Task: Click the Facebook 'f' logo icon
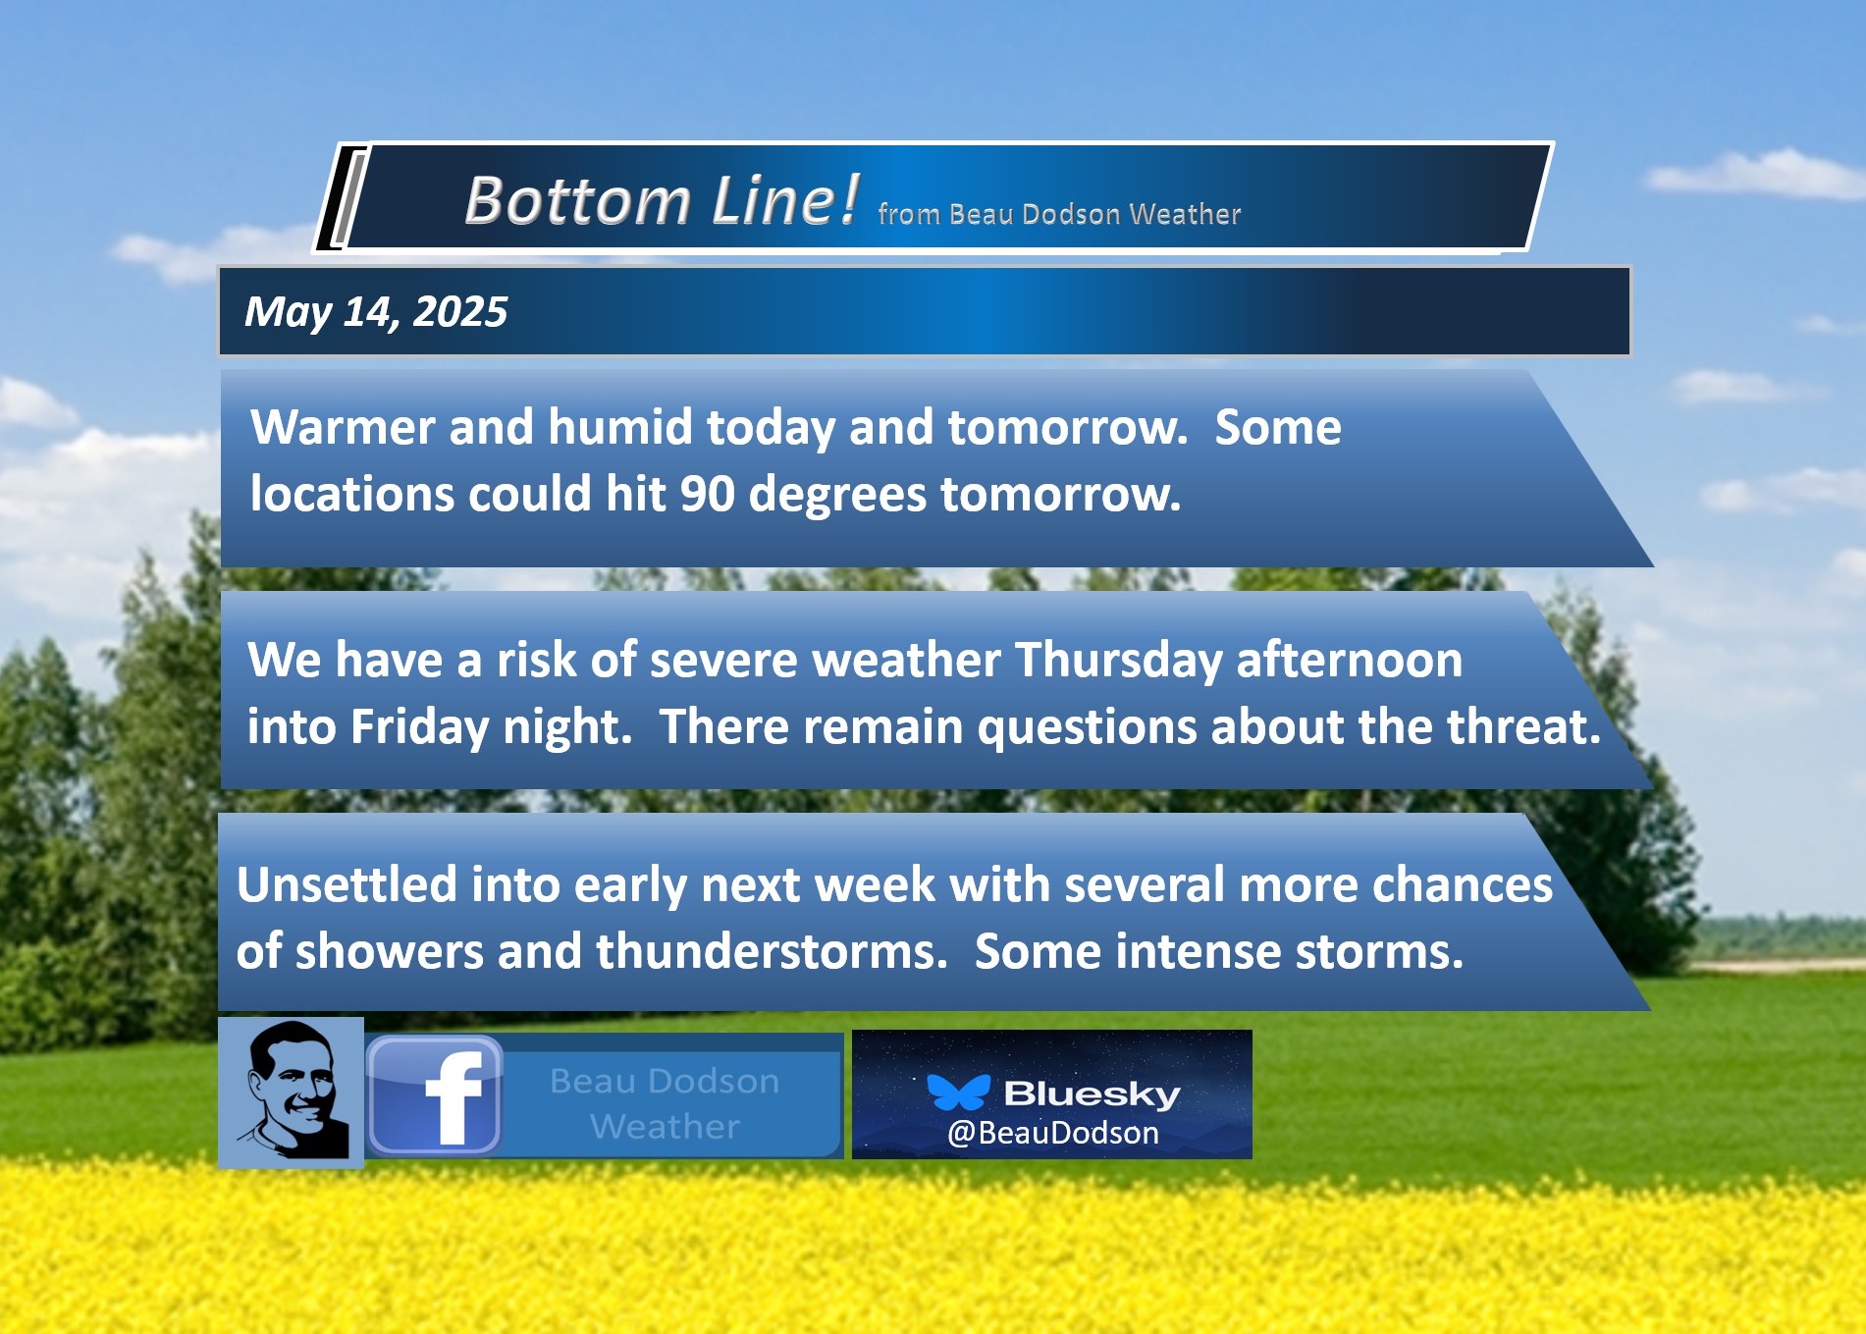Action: [x=435, y=1095]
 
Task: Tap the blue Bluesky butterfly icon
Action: [x=958, y=1093]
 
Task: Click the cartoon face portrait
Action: [x=292, y=1092]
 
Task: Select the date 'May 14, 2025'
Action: [x=376, y=312]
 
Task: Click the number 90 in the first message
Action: [x=707, y=494]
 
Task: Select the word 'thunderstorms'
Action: [x=772, y=951]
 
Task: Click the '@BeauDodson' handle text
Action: [x=1053, y=1133]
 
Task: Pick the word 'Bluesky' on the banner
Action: [x=1092, y=1094]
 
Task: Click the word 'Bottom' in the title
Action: [x=578, y=201]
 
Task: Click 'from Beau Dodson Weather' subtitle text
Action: [x=1060, y=214]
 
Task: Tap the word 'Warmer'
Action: [x=343, y=428]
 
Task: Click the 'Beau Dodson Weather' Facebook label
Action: [x=665, y=1103]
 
